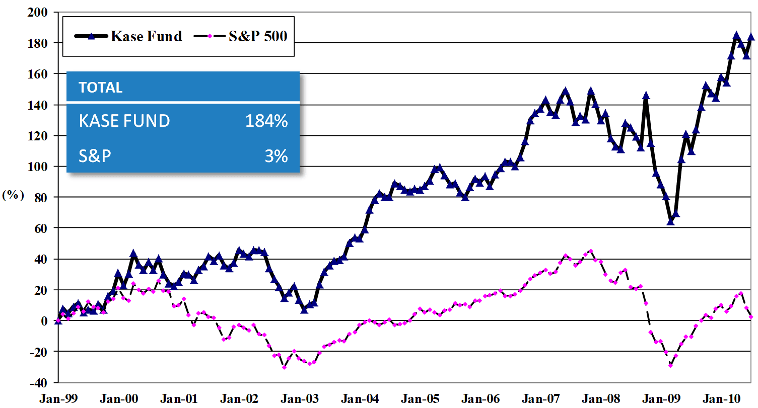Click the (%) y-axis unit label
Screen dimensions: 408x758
coord(13,196)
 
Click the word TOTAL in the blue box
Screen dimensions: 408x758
coord(101,88)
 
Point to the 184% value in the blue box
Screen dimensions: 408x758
coord(266,121)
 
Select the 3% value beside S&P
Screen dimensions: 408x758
coord(277,156)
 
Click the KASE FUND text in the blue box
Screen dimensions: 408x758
coord(124,121)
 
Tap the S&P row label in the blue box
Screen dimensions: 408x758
coord(95,156)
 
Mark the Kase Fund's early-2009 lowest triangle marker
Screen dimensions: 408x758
coord(670,221)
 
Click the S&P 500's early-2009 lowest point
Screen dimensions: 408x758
coord(670,366)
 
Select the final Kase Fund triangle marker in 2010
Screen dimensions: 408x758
coord(751,37)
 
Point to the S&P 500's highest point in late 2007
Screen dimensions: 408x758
coord(591,251)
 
